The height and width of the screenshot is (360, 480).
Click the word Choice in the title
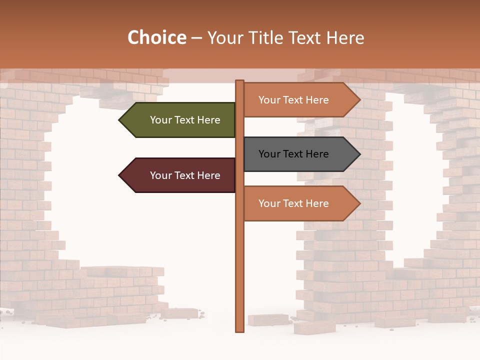[x=156, y=38]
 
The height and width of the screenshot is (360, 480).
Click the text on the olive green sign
[x=185, y=120]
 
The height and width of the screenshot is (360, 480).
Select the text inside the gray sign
[x=293, y=154]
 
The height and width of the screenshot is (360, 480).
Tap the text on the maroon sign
[x=185, y=175]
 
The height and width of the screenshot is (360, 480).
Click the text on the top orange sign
[x=293, y=100]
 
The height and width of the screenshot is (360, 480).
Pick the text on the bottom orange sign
[x=293, y=203]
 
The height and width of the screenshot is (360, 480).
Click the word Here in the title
[x=345, y=38]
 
